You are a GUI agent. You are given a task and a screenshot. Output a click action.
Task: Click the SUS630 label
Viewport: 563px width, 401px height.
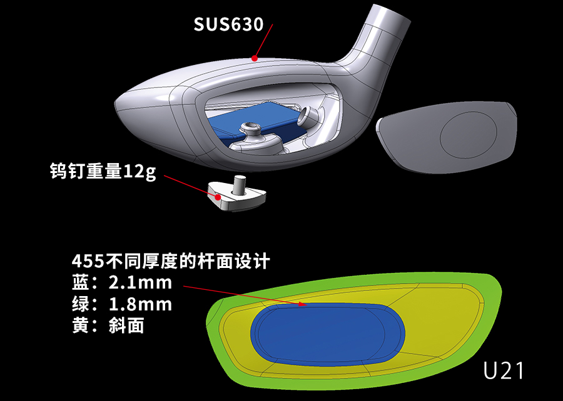229,24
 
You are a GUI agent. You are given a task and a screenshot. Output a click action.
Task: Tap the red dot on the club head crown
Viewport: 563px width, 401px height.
255,58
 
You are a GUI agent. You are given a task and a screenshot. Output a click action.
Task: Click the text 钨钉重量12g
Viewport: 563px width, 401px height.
103,171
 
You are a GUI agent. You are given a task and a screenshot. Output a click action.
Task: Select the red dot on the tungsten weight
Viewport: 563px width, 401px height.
218,197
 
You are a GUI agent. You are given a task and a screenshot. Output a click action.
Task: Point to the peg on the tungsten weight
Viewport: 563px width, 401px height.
239,184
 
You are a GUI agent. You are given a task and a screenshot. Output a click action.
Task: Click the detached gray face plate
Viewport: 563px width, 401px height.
447,137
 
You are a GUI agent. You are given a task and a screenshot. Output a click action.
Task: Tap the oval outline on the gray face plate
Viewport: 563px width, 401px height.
469,135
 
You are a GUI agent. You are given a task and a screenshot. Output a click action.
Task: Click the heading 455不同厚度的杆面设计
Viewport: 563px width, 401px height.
171,261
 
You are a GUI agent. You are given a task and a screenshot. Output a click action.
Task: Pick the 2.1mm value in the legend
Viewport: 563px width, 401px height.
140,283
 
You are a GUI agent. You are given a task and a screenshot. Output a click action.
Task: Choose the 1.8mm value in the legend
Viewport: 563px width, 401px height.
140,305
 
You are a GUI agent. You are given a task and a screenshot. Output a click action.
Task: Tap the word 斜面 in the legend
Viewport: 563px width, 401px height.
126,326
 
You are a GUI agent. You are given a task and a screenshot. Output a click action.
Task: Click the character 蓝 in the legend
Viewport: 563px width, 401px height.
81,283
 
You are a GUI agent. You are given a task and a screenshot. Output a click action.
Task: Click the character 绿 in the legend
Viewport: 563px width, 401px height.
81,305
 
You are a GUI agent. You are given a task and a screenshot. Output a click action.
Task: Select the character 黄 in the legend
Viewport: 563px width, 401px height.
81,326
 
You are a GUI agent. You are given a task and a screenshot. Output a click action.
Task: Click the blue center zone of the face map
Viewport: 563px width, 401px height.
328,335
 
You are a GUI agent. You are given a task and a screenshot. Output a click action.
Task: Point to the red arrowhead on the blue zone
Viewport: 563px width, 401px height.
302,304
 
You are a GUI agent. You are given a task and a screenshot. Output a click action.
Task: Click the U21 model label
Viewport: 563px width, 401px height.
503,370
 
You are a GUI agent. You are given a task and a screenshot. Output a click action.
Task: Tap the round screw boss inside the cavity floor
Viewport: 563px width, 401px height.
250,127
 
